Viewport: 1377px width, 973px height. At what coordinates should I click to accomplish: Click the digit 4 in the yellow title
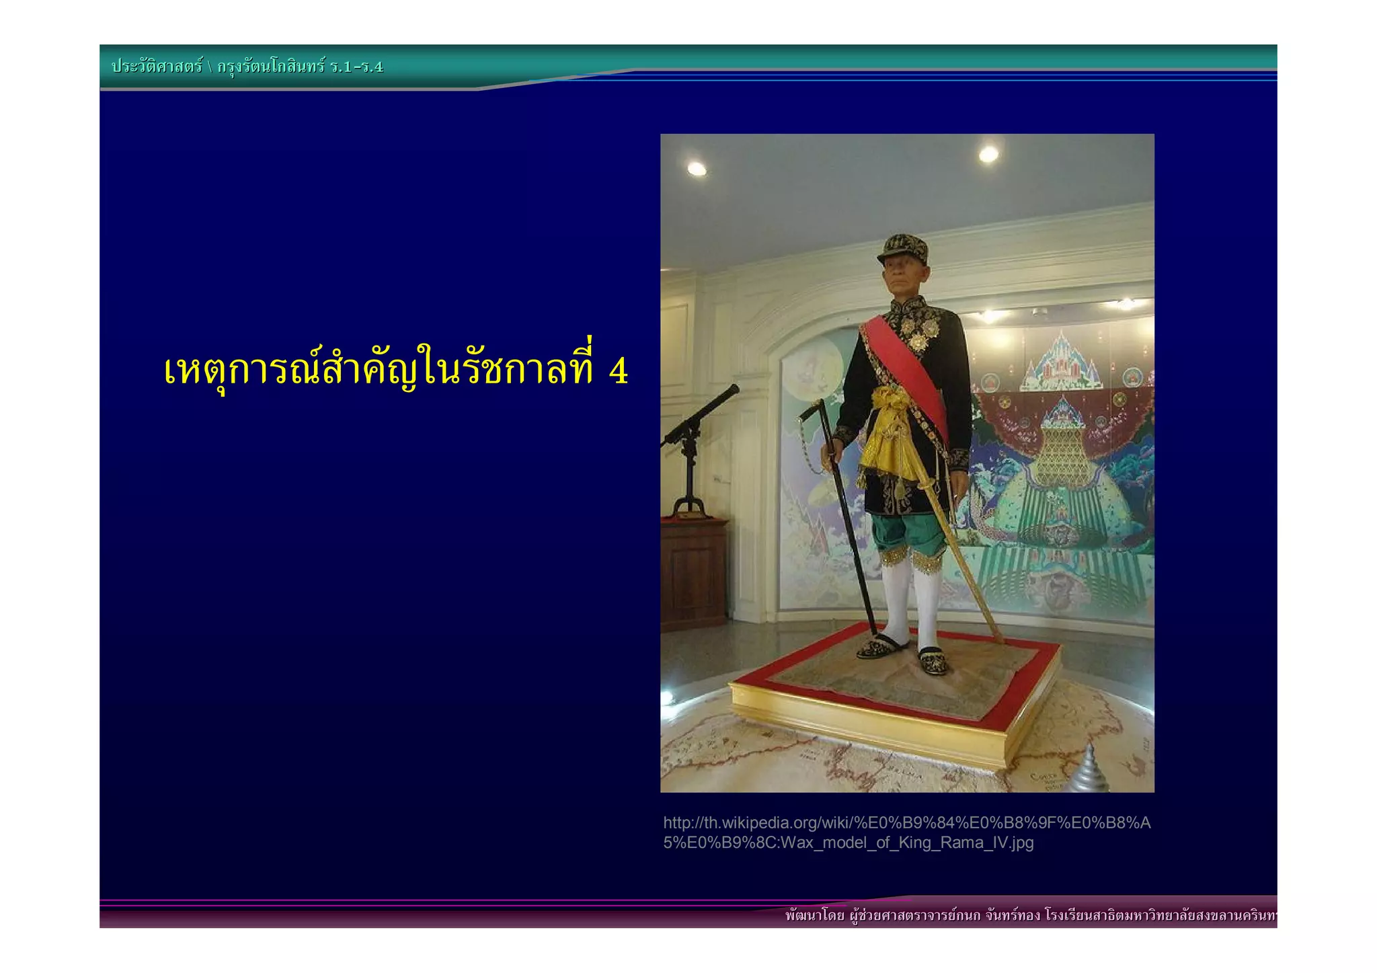point(618,371)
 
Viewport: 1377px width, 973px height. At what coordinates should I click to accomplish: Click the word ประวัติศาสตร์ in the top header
point(157,67)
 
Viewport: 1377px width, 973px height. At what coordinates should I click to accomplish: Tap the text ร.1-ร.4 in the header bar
point(356,67)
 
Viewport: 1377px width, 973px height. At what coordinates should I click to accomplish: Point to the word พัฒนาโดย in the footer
point(814,916)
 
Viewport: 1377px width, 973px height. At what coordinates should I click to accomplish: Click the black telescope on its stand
point(701,414)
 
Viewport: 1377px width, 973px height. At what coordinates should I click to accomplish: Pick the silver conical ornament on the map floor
point(1089,770)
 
